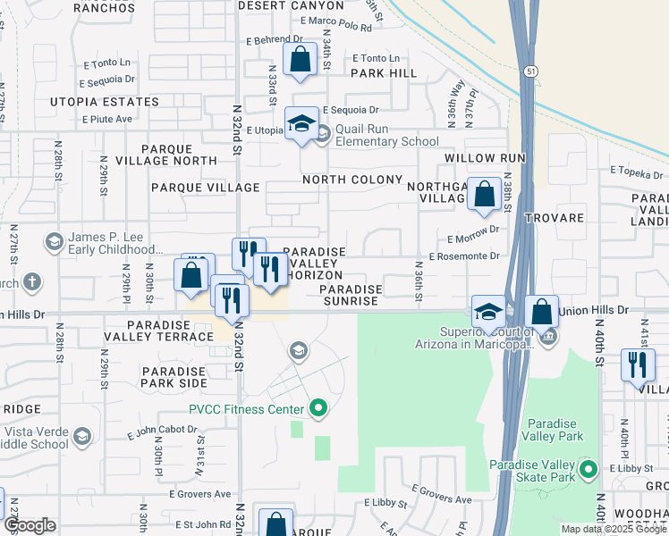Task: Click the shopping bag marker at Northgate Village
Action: [x=484, y=193]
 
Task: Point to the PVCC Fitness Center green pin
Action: [x=318, y=410]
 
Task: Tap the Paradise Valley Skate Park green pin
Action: [x=588, y=469]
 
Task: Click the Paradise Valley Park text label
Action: [x=555, y=430]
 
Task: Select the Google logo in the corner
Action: [x=30, y=526]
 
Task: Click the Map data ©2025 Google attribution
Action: [x=614, y=529]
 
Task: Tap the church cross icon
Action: [x=31, y=283]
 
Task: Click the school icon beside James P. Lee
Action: [x=54, y=242]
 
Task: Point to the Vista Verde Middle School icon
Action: [x=82, y=436]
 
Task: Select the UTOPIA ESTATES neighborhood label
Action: [x=105, y=102]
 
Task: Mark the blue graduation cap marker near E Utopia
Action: [x=301, y=123]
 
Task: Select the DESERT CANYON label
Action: [x=292, y=4]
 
